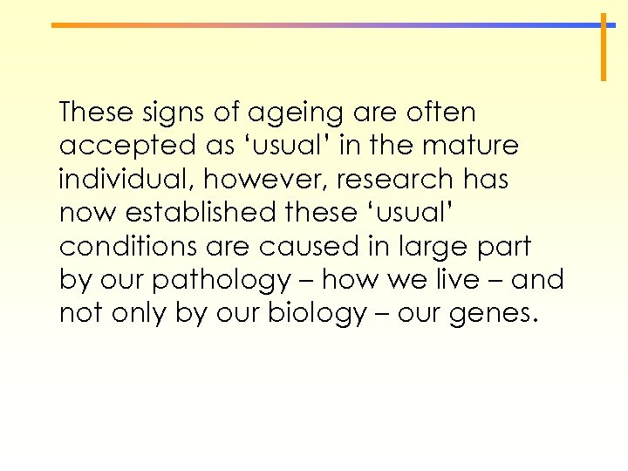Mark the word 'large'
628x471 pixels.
pyautogui.click(x=428, y=248)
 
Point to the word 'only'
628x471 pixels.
pyautogui.click(x=139, y=314)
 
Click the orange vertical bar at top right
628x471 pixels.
pyautogui.click(x=603, y=47)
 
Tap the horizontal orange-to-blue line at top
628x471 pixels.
pyautogui.click(x=323, y=25)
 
